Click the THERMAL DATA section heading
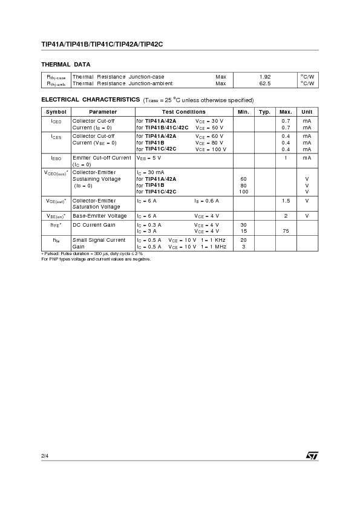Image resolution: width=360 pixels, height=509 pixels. pyautogui.click(x=66, y=64)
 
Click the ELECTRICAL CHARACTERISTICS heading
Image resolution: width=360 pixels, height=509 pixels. pyautogui.click(x=90, y=100)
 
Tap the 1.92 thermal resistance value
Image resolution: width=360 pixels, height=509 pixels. pyautogui.click(x=264, y=77)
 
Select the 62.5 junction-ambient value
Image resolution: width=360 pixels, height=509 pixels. pyautogui.click(x=264, y=83)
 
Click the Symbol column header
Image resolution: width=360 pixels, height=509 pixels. pyautogui.click(x=56, y=112)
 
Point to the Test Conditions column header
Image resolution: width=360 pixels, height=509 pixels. pyautogui.click(x=183, y=112)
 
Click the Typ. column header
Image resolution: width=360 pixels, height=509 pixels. pyautogui.click(x=264, y=112)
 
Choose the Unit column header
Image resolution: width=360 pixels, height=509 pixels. pyautogui.click(x=307, y=112)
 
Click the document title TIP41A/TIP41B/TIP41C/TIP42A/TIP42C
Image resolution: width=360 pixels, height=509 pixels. pyautogui.click(x=102, y=44)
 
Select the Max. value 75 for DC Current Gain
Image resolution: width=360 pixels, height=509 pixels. pyautogui.click(x=286, y=231)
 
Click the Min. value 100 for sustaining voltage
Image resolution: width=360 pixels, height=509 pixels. pyautogui.click(x=244, y=192)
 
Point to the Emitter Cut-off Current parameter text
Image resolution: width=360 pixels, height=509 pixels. pyautogui.click(x=102, y=158)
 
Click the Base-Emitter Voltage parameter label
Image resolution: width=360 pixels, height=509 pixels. pyautogui.click(x=100, y=216)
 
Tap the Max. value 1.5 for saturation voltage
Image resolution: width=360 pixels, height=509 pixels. pyautogui.click(x=286, y=201)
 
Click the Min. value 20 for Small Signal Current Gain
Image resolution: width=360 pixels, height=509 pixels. pyautogui.click(x=244, y=240)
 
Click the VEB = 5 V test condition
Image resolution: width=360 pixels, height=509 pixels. pyautogui.click(x=149, y=158)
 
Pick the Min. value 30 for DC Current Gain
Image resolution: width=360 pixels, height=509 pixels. pyautogui.click(x=244, y=225)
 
